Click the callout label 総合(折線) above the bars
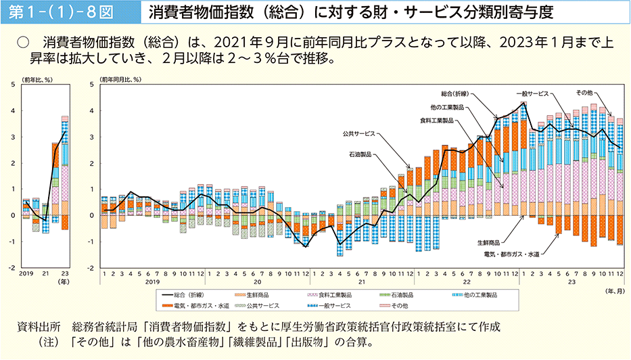click(455, 93)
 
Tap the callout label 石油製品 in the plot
click(360, 154)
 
